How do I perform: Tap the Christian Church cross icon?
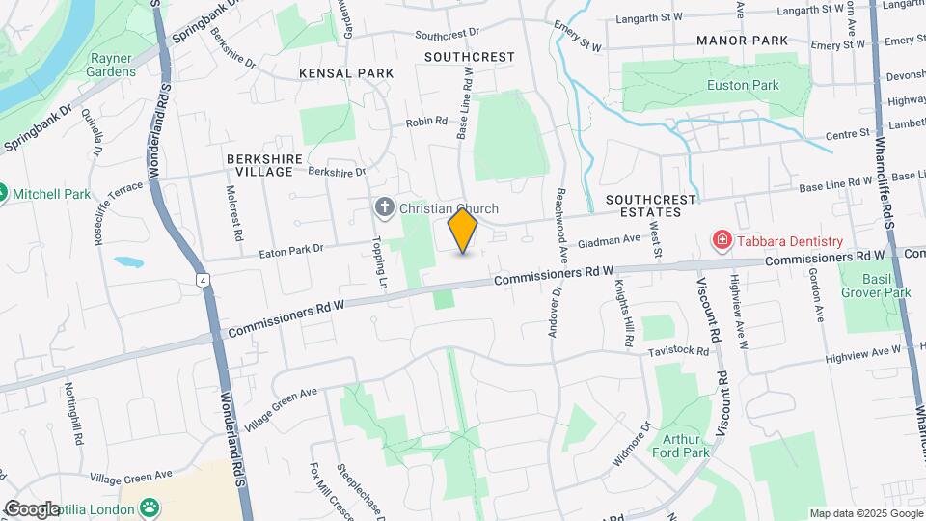point(385,208)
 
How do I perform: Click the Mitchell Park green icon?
point(3,193)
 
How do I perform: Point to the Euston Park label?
point(742,85)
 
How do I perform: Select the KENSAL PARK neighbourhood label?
point(346,73)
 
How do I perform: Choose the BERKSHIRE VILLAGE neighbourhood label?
point(264,164)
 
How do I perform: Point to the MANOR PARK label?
point(744,41)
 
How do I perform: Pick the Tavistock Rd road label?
point(679,351)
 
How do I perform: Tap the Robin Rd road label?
point(426,122)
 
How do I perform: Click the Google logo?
point(32,508)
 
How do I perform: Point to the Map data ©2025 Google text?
point(865,513)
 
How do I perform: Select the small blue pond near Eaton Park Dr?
point(127,260)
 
